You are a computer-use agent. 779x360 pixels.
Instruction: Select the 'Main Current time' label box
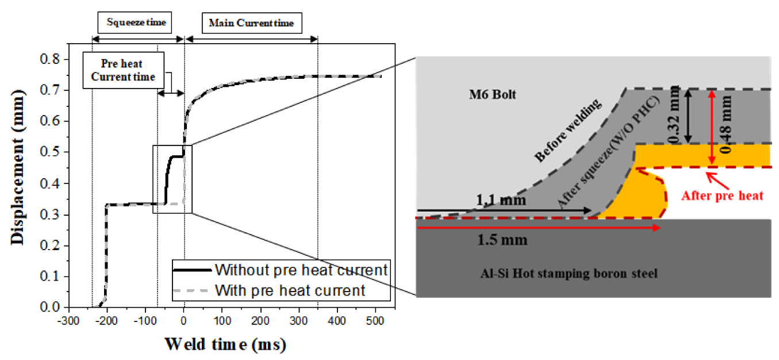(251, 23)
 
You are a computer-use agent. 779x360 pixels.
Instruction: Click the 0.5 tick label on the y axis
(50, 152)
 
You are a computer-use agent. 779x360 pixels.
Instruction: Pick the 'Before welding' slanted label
(567, 130)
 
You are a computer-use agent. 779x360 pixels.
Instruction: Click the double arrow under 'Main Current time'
(251, 39)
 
